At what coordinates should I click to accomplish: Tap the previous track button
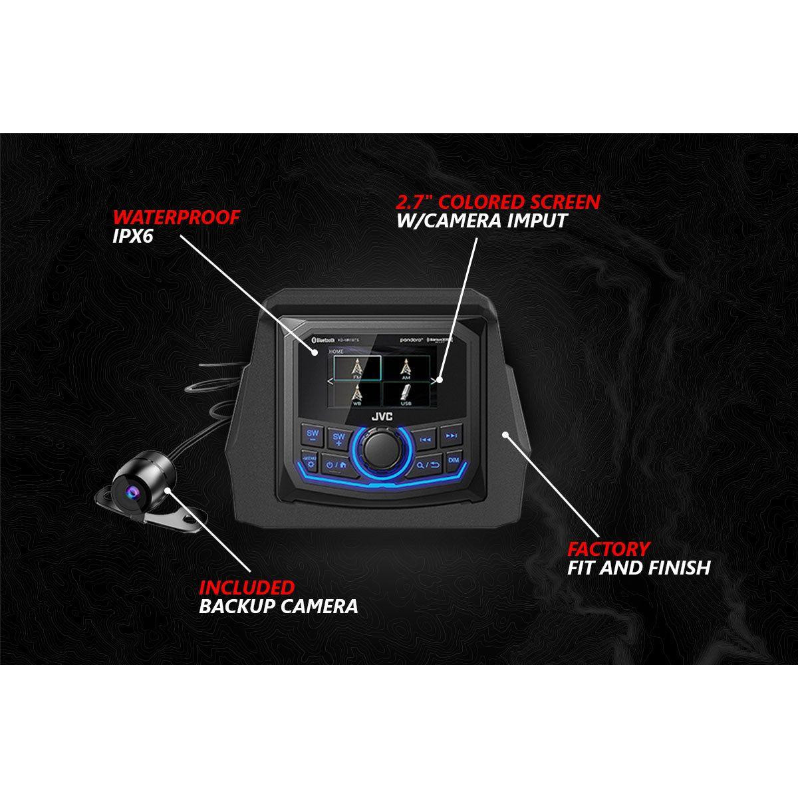pyautogui.click(x=427, y=438)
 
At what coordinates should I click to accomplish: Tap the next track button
pyautogui.click(x=451, y=436)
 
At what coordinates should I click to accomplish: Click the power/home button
pyautogui.click(x=336, y=463)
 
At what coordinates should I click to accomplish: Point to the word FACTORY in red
pyautogui.click(x=608, y=549)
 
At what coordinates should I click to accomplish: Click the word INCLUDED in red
pyautogui.click(x=247, y=587)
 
